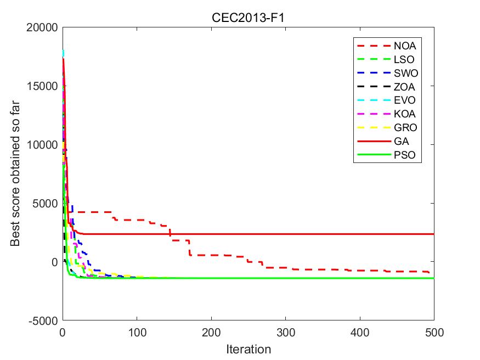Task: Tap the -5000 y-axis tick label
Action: point(42,320)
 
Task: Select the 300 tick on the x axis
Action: point(285,333)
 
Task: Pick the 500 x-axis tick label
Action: point(433,333)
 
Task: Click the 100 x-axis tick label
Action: point(137,333)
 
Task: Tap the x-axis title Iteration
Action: point(249,349)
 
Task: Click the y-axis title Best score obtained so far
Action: point(15,174)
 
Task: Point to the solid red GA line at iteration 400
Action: point(359,234)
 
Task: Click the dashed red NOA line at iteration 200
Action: point(211,255)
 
